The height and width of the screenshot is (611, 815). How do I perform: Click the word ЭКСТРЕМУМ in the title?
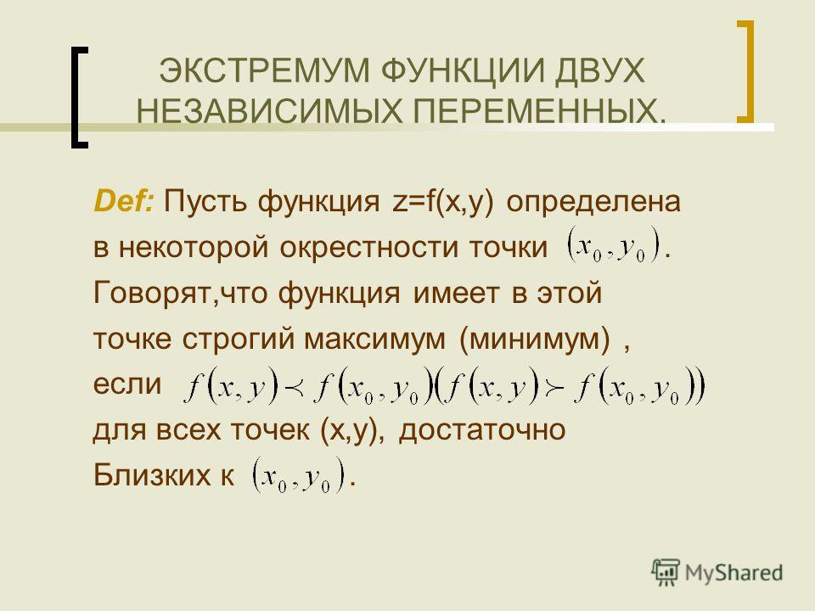coord(264,70)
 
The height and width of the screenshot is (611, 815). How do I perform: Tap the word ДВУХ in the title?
coord(599,70)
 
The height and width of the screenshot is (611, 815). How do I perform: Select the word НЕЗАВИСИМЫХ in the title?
coord(270,111)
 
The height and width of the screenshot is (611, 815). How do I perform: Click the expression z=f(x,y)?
coord(443,202)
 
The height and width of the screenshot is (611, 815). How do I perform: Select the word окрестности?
coord(369,248)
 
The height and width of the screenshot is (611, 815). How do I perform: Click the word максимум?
coord(374,339)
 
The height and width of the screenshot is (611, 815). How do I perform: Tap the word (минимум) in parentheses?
coord(535,339)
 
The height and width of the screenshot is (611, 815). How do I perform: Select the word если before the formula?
coord(127,384)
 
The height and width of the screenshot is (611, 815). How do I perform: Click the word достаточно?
coord(482,430)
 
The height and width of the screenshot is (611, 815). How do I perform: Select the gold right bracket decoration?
coord(745,71)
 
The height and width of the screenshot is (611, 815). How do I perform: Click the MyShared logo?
coord(717,573)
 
